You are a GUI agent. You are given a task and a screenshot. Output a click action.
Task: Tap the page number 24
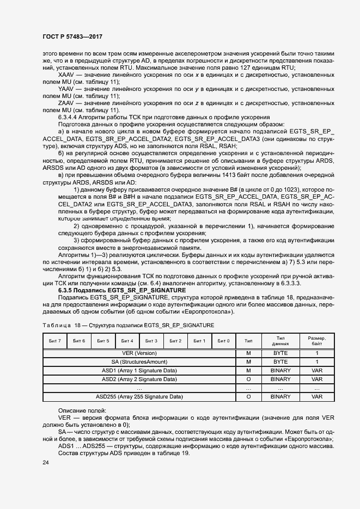46,462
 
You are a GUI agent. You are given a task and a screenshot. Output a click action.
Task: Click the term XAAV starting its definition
66,74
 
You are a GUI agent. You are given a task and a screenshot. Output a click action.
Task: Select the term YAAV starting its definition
66,88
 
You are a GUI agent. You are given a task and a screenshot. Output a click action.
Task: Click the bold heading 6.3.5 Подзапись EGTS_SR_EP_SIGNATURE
122,290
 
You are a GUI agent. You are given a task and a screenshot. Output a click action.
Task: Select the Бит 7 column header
54,341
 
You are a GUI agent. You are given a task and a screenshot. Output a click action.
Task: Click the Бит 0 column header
223,341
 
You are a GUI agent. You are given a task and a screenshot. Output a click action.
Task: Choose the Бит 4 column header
127,341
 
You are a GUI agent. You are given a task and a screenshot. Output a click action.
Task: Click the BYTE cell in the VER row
280,353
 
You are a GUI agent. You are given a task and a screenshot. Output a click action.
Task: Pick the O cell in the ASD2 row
248,379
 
